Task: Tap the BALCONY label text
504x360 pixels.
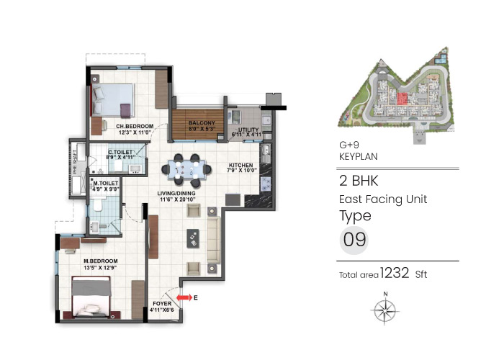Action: [202, 123]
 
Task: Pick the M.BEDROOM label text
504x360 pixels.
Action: [100, 261]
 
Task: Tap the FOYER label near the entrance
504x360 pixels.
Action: [162, 305]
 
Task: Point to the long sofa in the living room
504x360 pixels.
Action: [214, 235]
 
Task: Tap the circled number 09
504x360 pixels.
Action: [354, 240]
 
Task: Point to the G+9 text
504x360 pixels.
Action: [349, 144]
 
